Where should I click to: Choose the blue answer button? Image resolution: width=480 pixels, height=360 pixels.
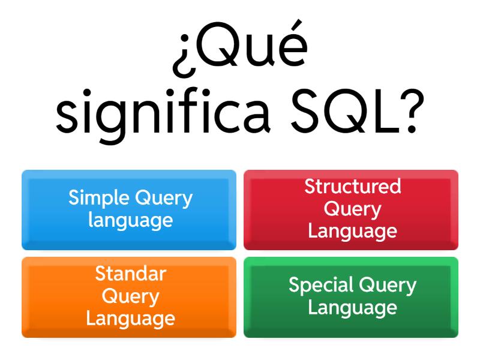[x=129, y=209]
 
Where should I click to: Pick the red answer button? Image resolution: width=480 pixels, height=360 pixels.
[x=351, y=209]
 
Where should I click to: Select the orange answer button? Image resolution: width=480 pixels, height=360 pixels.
[x=129, y=297]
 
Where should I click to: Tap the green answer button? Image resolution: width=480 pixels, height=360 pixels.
[x=351, y=297]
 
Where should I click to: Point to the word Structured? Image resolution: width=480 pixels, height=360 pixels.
[x=353, y=187]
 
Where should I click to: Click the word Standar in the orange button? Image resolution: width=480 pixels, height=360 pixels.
[x=130, y=274]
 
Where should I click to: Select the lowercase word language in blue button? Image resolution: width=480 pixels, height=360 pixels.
[x=130, y=221]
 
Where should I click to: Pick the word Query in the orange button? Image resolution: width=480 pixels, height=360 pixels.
[x=130, y=296]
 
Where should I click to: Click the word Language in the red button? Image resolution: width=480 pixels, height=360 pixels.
[x=353, y=231]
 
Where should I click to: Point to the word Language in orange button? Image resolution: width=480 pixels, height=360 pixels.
[x=130, y=318]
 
